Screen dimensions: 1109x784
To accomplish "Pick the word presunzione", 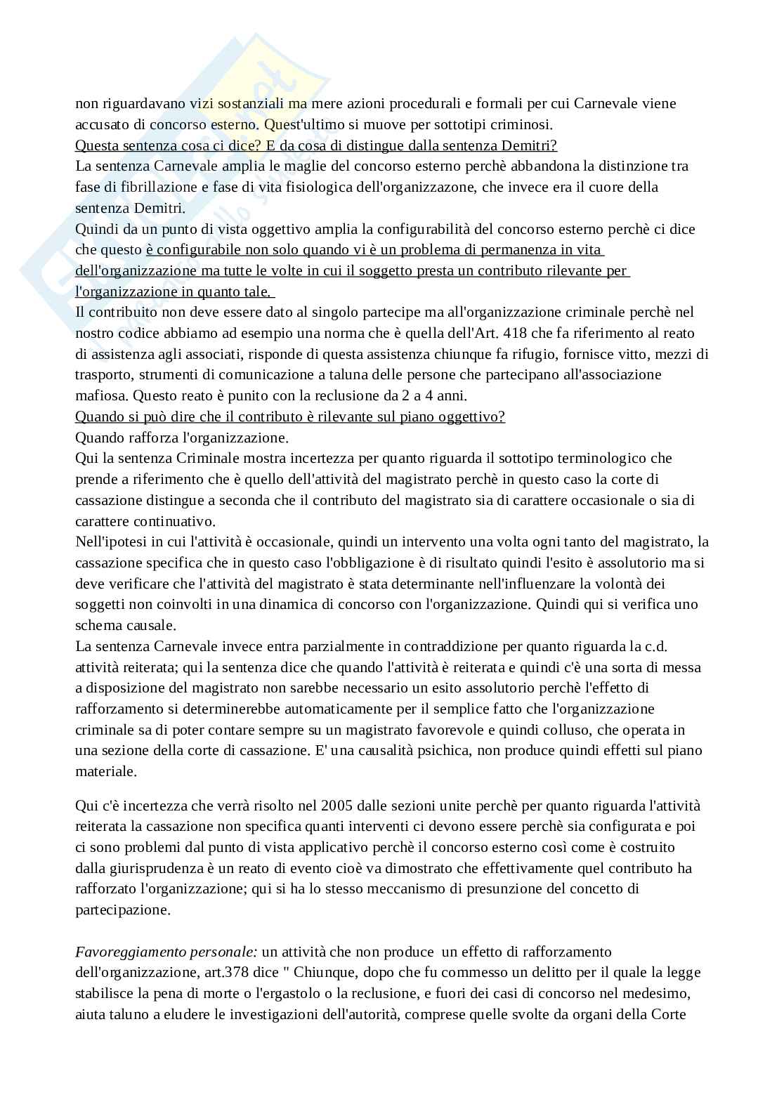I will point(505,888).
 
